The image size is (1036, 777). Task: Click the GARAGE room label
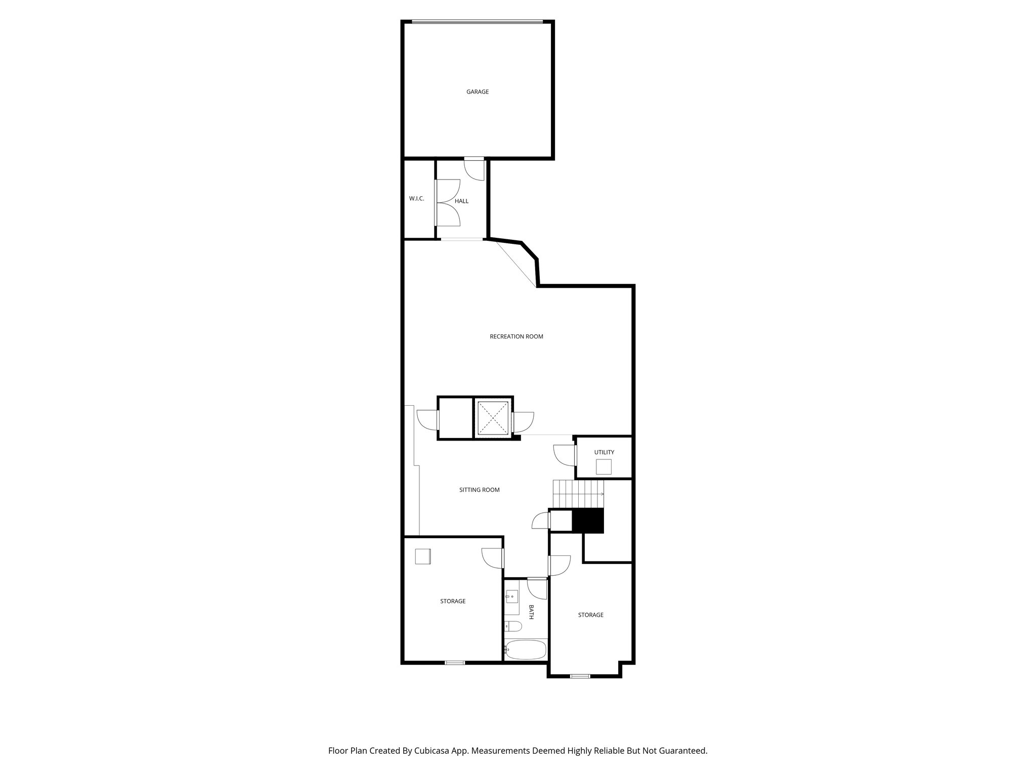478,92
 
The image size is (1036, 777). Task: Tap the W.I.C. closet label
416,199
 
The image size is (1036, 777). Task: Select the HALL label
461,201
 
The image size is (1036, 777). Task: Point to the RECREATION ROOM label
516,336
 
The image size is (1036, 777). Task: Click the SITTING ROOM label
479,490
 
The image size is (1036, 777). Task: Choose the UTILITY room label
604,452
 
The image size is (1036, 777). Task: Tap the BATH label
532,612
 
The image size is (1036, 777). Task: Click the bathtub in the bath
526,650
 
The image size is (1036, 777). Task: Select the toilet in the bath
512,627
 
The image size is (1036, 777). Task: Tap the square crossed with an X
493,417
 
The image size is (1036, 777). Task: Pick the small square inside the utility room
603,467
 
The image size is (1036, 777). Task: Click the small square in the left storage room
422,556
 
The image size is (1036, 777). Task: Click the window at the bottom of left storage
455,663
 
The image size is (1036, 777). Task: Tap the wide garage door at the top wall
477,21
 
